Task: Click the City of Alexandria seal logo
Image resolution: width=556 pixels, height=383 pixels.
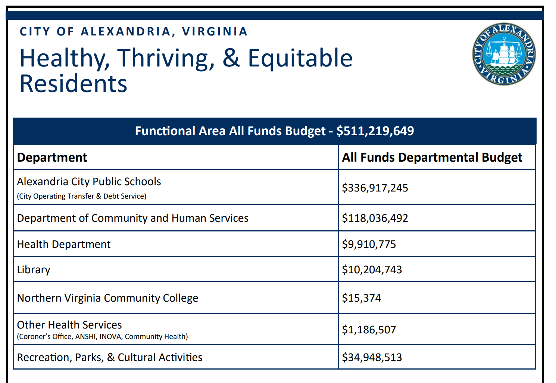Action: [x=504, y=54]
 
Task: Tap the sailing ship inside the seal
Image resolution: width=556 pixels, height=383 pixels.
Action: [x=504, y=52]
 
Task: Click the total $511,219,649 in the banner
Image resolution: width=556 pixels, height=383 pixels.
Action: [x=375, y=131]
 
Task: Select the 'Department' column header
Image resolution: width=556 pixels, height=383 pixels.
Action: [x=52, y=158]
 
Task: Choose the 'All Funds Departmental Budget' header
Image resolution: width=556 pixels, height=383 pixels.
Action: [x=432, y=158]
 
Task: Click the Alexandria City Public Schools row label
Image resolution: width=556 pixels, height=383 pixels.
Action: [x=89, y=182]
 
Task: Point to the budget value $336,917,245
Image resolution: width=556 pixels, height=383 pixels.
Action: [x=375, y=188]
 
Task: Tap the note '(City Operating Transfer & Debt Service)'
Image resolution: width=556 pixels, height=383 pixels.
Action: [x=81, y=196]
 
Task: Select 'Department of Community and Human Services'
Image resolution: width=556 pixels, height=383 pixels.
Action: [x=132, y=218]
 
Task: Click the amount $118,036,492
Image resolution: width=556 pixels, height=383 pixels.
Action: [x=375, y=218]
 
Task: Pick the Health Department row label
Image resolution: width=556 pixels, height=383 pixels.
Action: [x=64, y=244]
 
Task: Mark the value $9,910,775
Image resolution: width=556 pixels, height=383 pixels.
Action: [x=369, y=244]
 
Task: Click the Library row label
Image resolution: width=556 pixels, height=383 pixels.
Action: [x=34, y=270]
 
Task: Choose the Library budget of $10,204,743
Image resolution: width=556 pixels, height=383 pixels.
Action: [x=372, y=270]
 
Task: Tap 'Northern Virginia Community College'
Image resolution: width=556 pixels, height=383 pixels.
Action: [x=107, y=298]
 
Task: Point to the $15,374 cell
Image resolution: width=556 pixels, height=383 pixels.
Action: [x=361, y=298]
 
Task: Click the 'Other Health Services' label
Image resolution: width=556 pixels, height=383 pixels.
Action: [x=69, y=325]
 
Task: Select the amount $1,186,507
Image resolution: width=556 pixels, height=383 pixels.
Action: [x=369, y=330]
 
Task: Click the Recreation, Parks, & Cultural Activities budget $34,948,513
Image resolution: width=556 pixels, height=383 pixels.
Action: [x=372, y=357]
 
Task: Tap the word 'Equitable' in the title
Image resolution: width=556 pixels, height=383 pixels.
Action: [x=300, y=58]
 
